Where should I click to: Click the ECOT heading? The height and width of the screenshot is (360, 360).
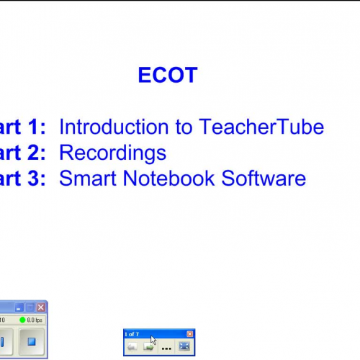click(x=167, y=76)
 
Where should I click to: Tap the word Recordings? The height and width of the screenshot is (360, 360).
click(x=112, y=153)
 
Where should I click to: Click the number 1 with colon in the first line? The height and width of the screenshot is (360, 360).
click(x=37, y=127)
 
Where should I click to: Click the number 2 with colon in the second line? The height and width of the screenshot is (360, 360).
click(x=37, y=153)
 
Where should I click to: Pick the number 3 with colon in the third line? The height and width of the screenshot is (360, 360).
click(x=37, y=178)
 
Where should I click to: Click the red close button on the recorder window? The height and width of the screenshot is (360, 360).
click(x=41, y=307)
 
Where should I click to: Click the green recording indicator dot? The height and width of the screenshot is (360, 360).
click(x=22, y=320)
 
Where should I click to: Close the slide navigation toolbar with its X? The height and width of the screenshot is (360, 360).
click(x=190, y=334)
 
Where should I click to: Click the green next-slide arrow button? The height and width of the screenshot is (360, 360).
click(x=149, y=346)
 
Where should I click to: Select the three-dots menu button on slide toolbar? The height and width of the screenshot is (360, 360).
click(x=166, y=347)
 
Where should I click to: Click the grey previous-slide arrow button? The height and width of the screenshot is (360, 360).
click(x=133, y=346)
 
